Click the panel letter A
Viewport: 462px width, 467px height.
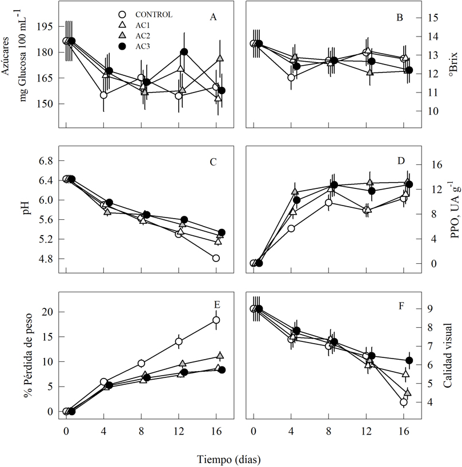(213, 17)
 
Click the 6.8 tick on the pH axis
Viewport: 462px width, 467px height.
(46, 161)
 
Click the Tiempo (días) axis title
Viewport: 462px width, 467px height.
(231, 458)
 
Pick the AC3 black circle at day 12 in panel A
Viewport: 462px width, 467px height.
(184, 52)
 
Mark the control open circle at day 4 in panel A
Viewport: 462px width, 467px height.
(103, 95)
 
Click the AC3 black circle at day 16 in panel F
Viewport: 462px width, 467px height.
(409, 360)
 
